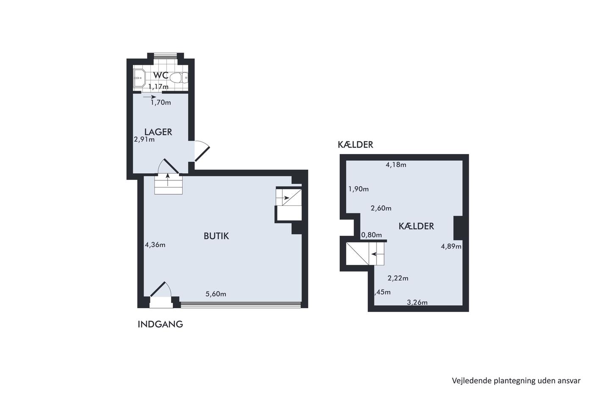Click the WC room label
pos(161,75)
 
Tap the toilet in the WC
pos(179,78)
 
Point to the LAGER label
pos(158,132)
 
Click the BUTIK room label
pos(216,236)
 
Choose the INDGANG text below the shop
pos(160,324)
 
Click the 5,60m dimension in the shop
pos(216,294)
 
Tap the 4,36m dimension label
pos(155,245)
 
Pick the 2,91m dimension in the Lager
pos(144,139)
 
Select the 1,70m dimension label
pos(161,102)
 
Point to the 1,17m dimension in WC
pos(158,86)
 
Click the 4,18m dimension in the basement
pos(396,165)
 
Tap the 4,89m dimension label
pos(451,246)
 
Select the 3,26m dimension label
pos(417,302)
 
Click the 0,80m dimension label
pos(371,235)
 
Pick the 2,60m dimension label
pos(381,208)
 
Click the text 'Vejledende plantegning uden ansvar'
pos(516,381)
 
